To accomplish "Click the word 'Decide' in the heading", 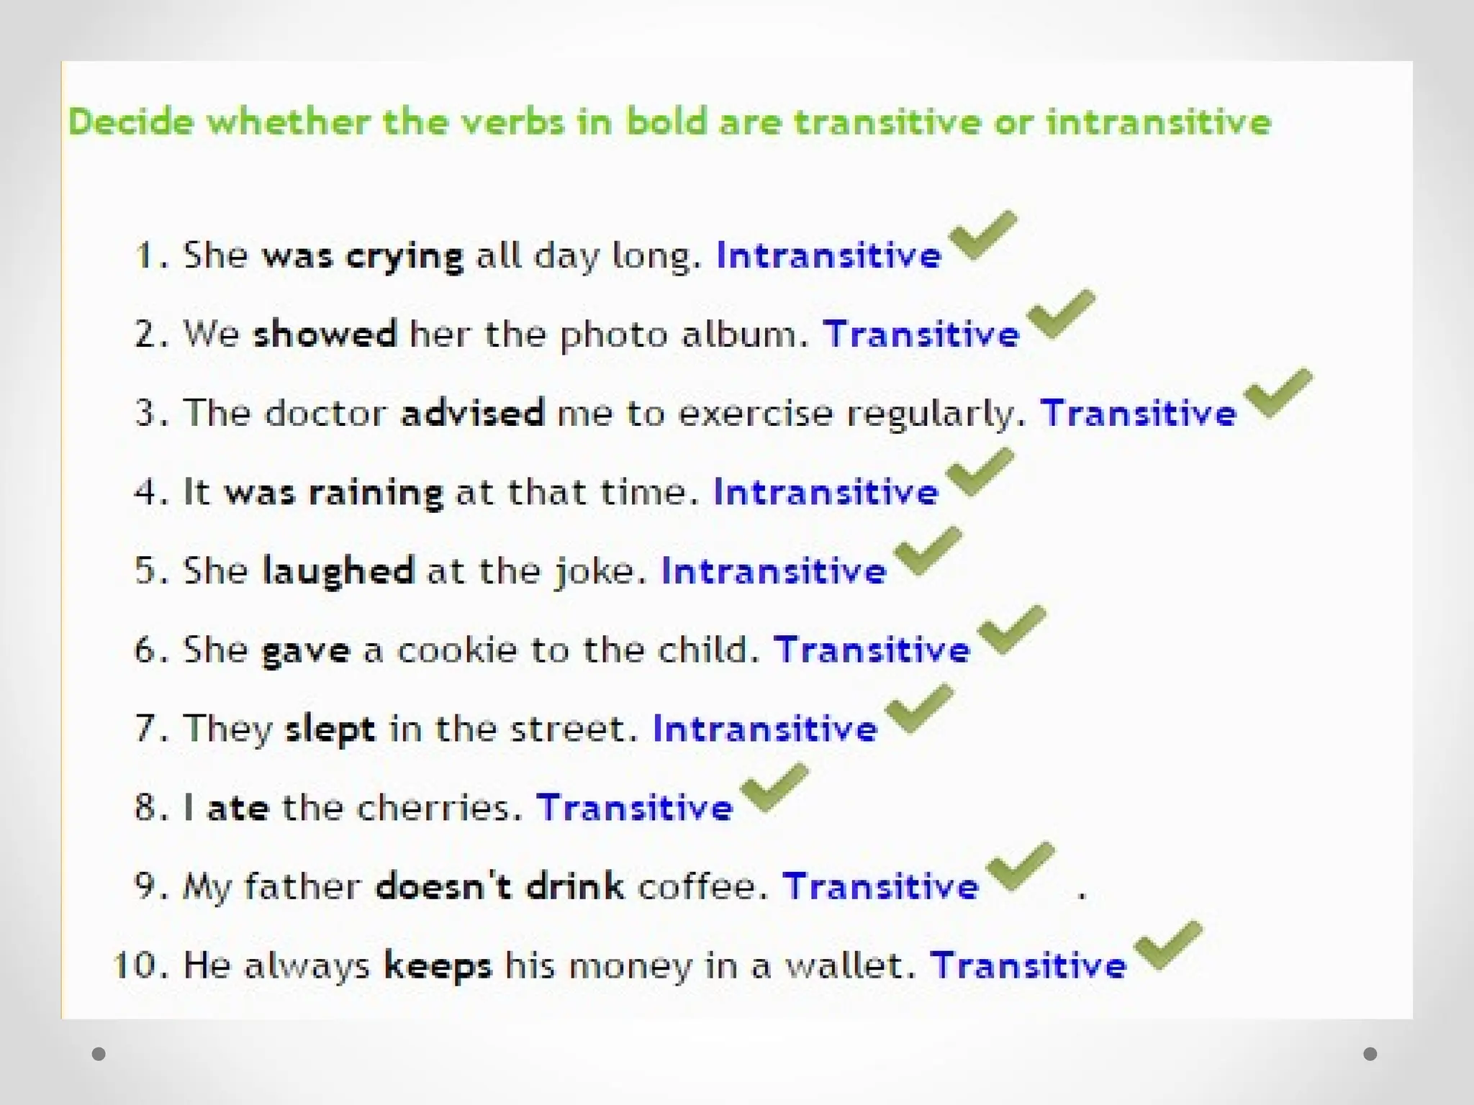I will (131, 122).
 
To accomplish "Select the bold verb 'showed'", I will (325, 335).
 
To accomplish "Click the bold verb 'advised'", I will (472, 414).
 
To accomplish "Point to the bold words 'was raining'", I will (333, 493).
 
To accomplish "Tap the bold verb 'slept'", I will (330, 729).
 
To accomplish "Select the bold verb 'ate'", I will (238, 808).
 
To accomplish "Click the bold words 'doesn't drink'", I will (499, 886).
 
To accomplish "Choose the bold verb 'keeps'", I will (438, 965).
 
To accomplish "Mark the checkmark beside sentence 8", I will (773, 787).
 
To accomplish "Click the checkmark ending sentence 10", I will (1167, 945).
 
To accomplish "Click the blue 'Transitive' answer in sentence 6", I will (872, 650).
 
